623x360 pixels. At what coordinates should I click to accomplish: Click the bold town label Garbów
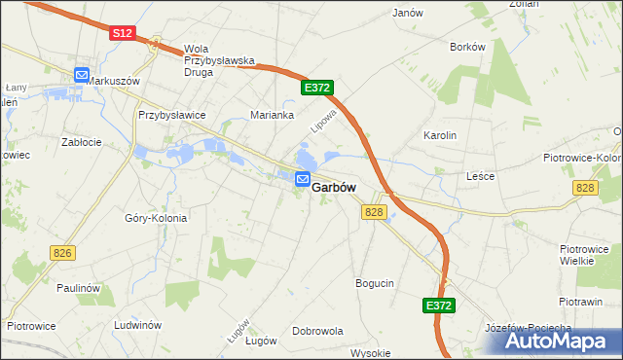[x=334, y=188]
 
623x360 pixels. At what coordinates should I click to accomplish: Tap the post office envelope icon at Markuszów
[x=82, y=75]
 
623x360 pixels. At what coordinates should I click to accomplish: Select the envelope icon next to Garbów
[x=303, y=179]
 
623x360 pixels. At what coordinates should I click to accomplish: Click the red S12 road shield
[x=121, y=33]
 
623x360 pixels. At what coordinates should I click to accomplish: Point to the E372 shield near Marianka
[x=317, y=88]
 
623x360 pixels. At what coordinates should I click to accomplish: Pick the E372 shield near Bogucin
[x=439, y=306]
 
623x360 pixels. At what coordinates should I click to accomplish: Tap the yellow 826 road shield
[x=62, y=253]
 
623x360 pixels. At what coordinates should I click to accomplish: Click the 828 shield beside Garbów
[x=375, y=211]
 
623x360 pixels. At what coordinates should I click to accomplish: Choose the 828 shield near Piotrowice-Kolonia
[x=584, y=187]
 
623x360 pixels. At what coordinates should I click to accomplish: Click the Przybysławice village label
[x=171, y=115]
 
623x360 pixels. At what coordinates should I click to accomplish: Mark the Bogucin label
[x=375, y=283]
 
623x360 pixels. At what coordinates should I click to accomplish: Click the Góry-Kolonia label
[x=156, y=218]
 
